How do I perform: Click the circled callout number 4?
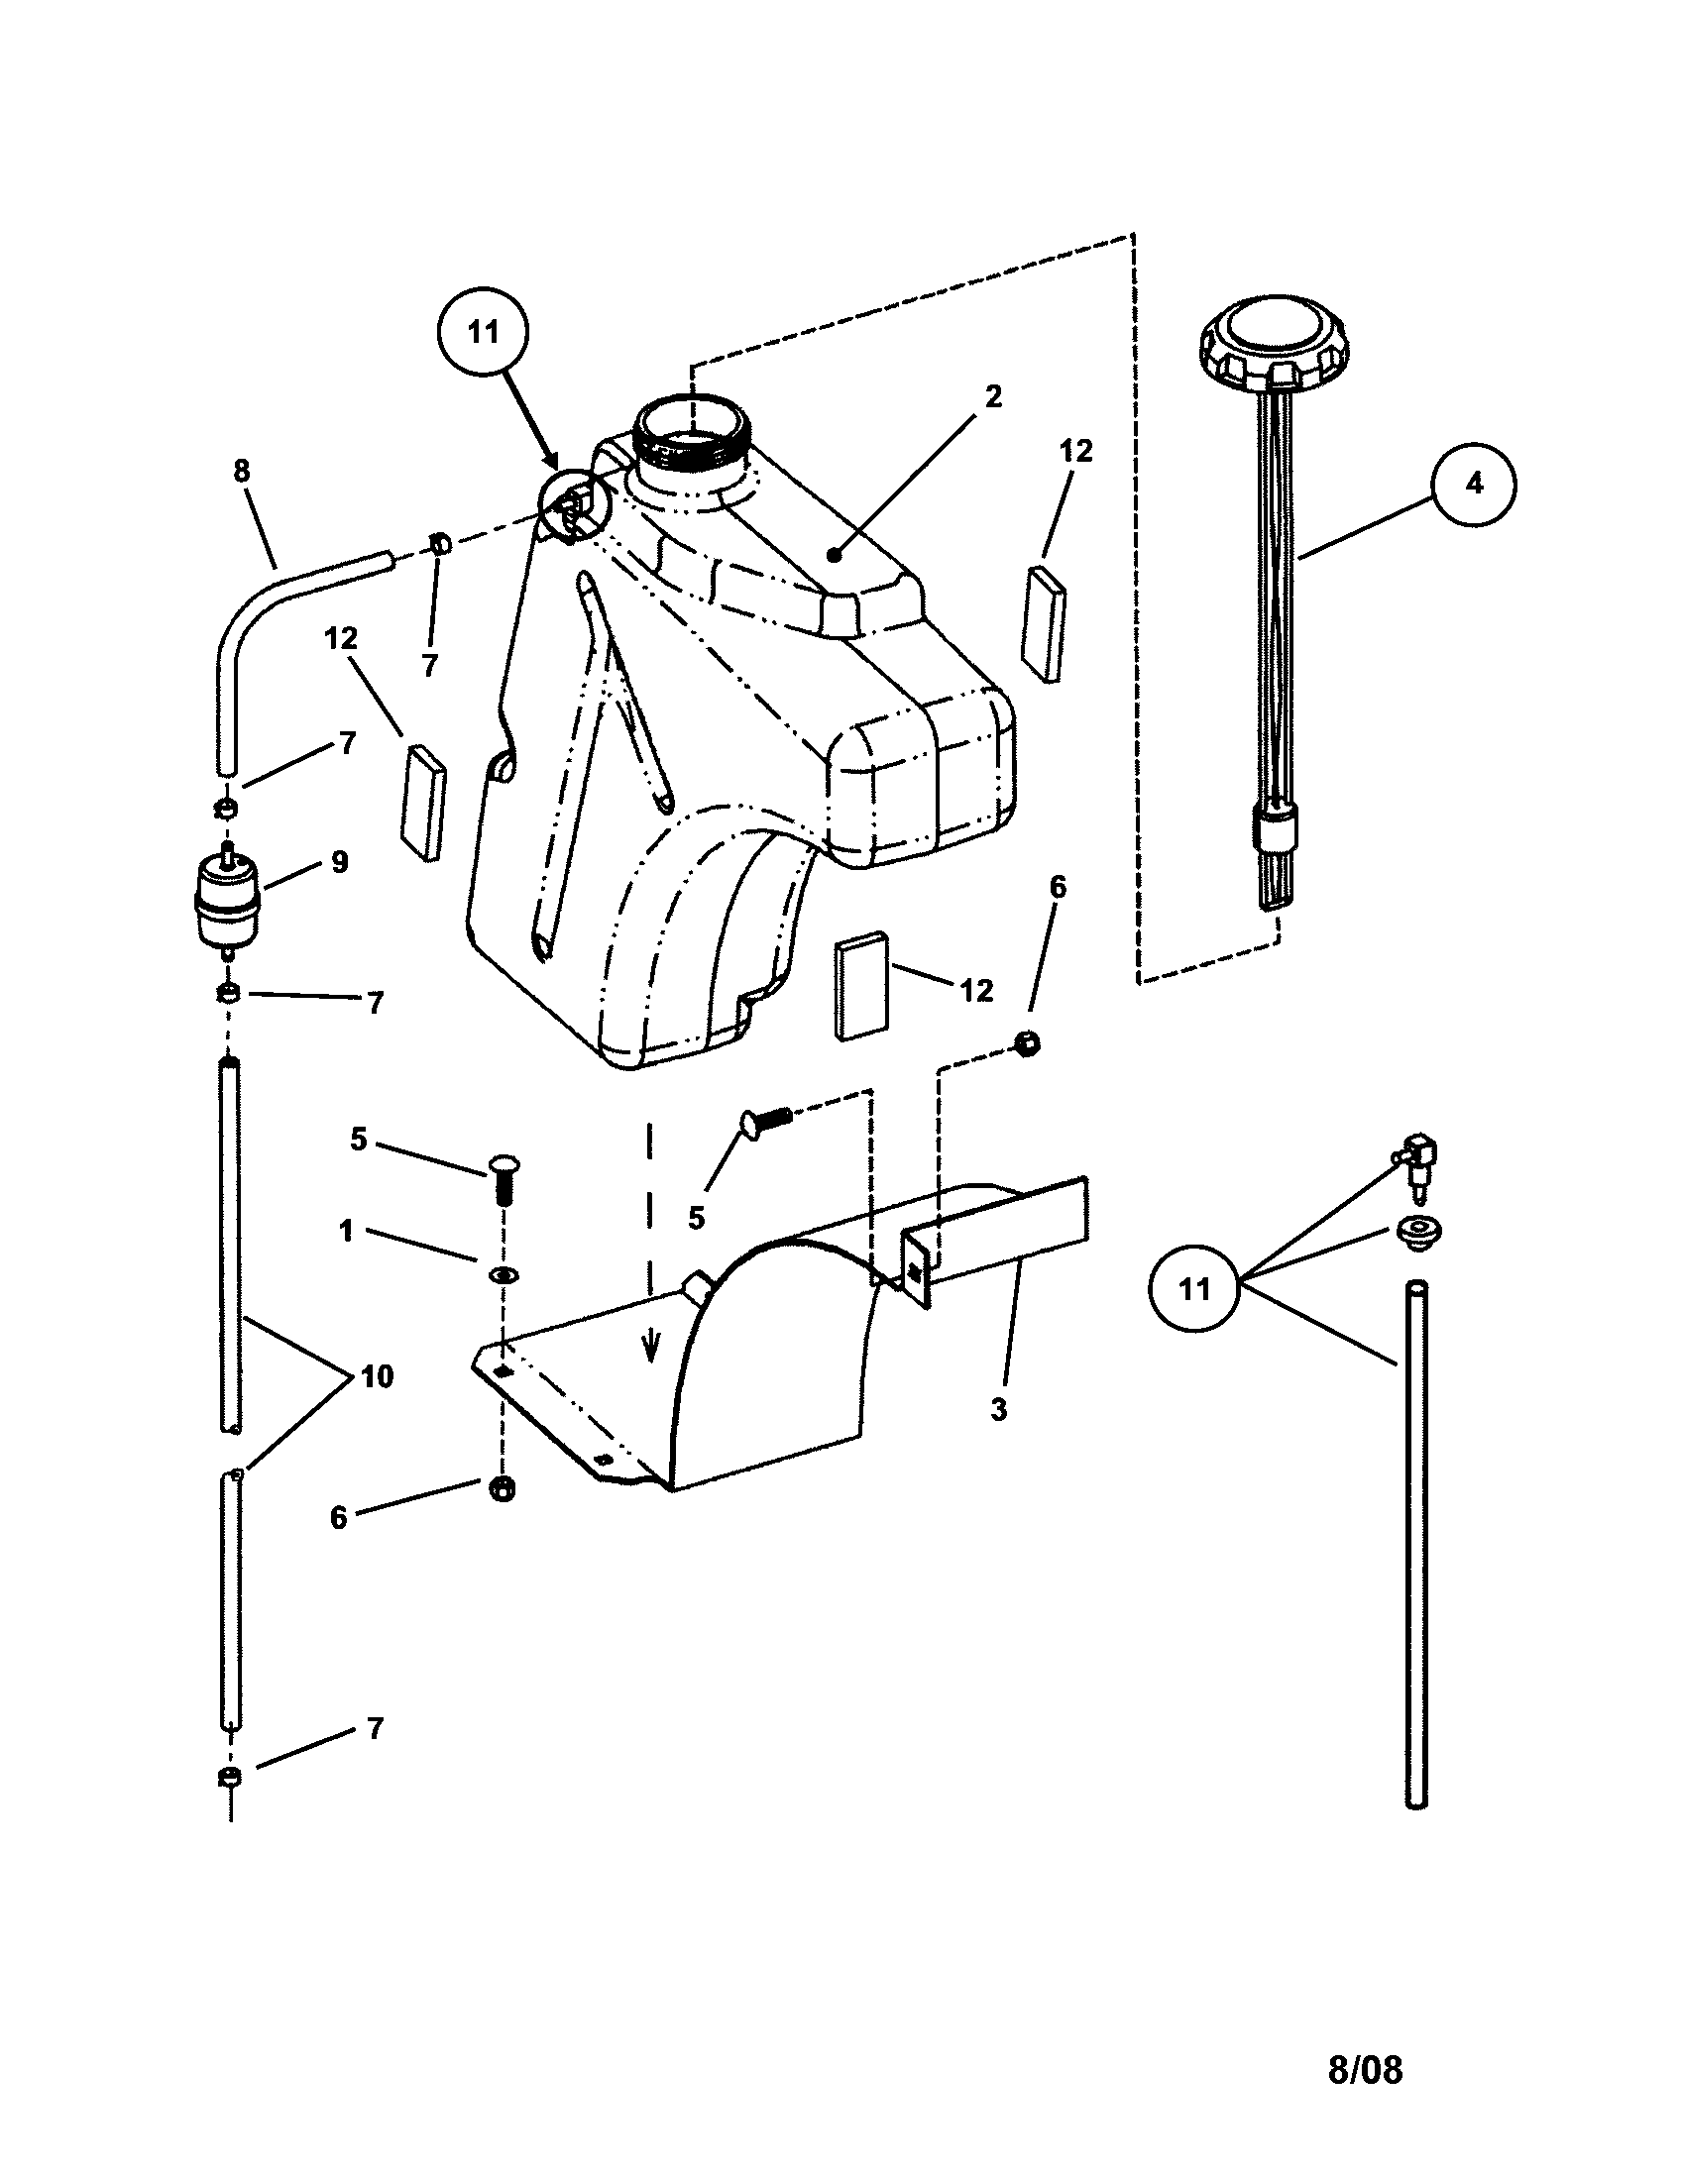[x=1474, y=484]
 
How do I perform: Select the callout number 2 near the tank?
[x=991, y=397]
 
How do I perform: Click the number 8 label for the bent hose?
[x=242, y=471]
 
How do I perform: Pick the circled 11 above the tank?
[x=483, y=332]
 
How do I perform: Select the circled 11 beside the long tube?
[x=1194, y=1288]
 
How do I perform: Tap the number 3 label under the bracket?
[x=998, y=1410]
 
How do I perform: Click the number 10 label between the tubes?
[x=378, y=1376]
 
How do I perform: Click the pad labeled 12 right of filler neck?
[x=1044, y=624]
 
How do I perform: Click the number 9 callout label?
[x=339, y=862]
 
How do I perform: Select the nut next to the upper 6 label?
[x=1027, y=1044]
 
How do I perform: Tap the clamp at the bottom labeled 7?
[x=229, y=1777]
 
